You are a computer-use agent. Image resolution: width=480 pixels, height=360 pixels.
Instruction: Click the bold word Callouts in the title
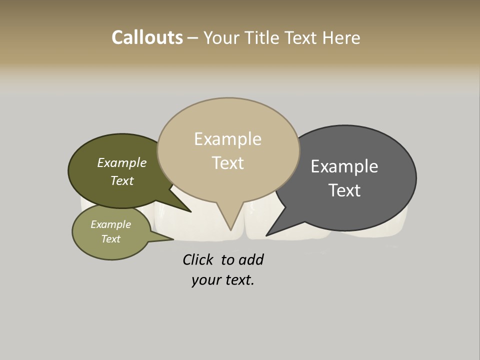tap(147, 37)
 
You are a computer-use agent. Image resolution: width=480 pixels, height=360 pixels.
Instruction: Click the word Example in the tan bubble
tap(227, 139)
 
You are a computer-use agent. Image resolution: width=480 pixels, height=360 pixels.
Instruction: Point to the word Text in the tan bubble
tap(227, 163)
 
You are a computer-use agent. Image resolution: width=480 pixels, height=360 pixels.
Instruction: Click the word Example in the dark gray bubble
tap(344, 166)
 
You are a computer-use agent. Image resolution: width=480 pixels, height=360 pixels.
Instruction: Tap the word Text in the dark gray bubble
tap(344, 190)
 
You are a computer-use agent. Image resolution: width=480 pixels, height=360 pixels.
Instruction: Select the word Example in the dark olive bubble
tap(122, 163)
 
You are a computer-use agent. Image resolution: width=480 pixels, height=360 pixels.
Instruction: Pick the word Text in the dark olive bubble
tap(122, 180)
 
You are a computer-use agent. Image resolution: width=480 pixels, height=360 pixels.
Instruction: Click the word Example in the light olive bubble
tap(111, 224)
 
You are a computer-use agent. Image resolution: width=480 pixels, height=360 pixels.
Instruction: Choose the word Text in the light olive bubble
tap(111, 239)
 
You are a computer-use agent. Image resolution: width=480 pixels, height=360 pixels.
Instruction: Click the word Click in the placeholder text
tap(197, 259)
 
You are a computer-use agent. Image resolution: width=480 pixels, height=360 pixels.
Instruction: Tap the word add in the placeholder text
tap(252, 259)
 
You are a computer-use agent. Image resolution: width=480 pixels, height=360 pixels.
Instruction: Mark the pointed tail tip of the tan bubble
tap(230, 230)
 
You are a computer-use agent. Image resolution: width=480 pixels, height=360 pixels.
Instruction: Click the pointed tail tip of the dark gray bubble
tap(266, 235)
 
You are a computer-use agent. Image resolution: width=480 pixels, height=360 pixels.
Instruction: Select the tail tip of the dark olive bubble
tap(191, 212)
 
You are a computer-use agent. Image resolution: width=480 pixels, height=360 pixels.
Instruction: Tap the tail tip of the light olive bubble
tap(173, 239)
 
